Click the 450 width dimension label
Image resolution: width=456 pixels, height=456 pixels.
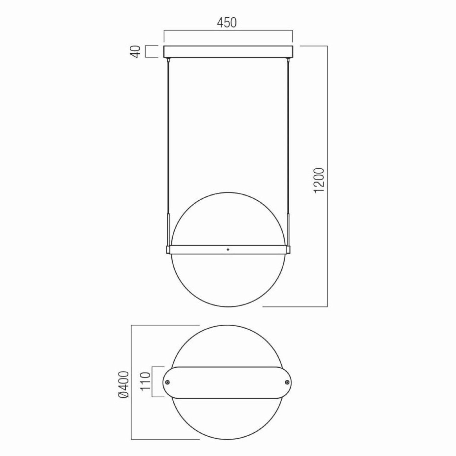point(227,23)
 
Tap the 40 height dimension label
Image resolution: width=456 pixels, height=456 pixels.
point(137,52)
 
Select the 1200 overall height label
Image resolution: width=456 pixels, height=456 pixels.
point(319,180)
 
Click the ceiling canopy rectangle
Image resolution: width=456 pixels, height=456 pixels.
point(228,52)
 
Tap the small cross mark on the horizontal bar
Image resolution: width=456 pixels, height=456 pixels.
point(228,250)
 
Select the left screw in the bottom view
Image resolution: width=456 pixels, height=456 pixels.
point(168,382)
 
